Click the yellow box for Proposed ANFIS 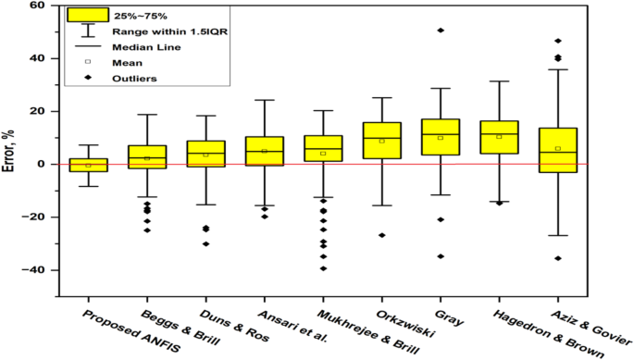pos(88,165)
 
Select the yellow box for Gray pos(440,137)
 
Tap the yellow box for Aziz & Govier pos(557,150)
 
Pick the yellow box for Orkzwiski pos(381,140)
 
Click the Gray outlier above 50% pos(440,31)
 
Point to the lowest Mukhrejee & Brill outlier pos(323,268)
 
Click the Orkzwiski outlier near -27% pos(381,235)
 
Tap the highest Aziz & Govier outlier pos(557,41)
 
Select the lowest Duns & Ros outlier pos(205,243)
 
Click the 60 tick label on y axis pos(36,6)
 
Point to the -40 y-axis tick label pos(33,270)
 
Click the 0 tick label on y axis pos(41,164)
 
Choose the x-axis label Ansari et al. pos(267,321)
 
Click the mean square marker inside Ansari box pos(264,151)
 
